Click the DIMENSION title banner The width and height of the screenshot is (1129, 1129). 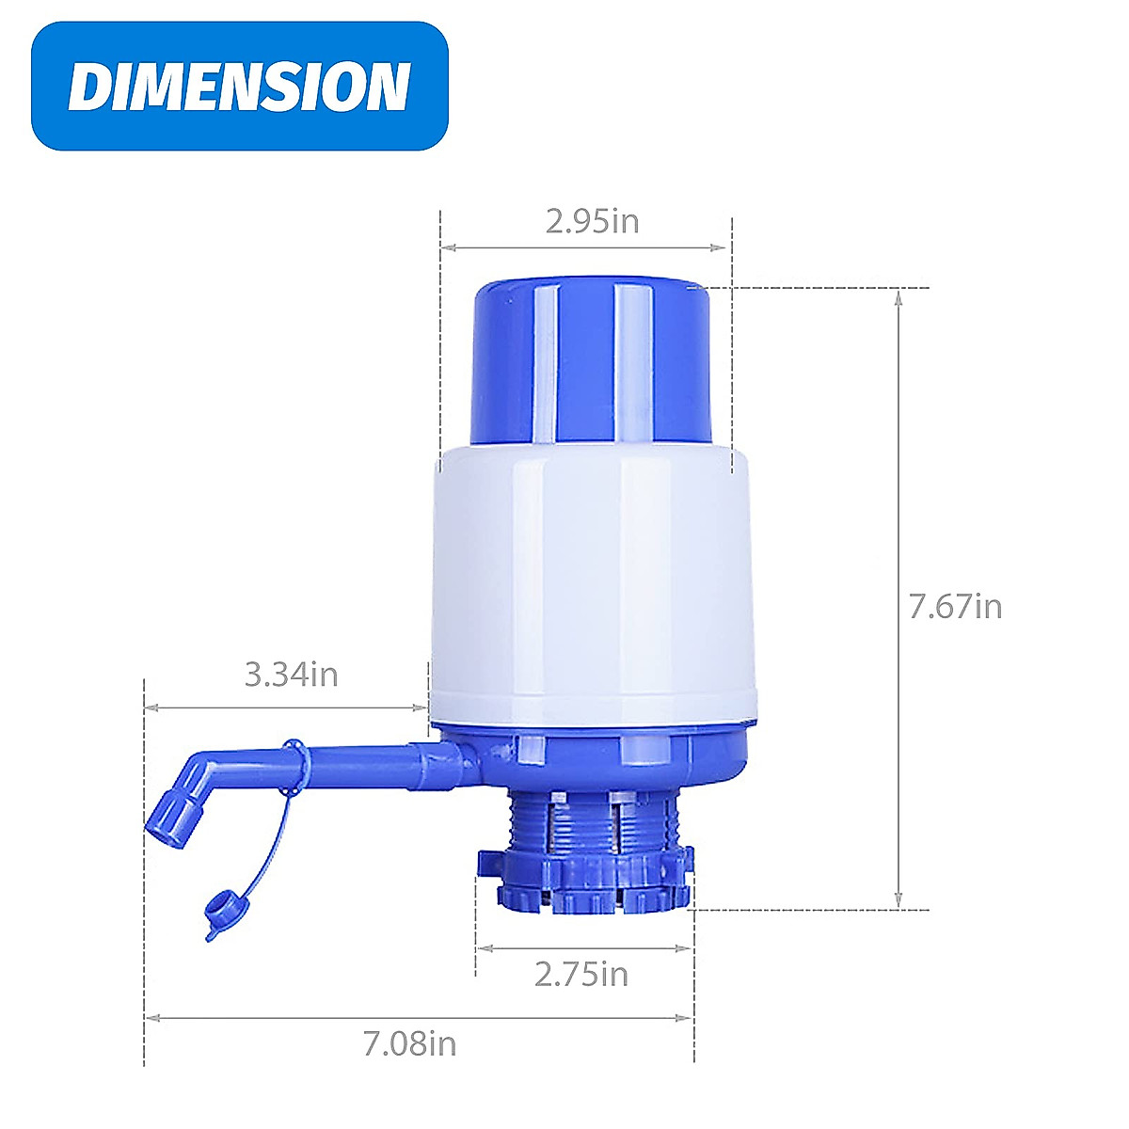[240, 86]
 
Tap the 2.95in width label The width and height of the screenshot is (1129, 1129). [592, 221]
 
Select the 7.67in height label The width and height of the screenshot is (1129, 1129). [955, 606]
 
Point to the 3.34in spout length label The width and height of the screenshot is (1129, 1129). [291, 675]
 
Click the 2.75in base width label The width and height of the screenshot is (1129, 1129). [581, 974]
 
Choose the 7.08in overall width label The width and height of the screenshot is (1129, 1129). [410, 1043]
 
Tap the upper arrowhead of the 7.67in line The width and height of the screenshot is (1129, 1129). [898, 295]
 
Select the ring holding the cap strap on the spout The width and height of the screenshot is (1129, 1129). [294, 758]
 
